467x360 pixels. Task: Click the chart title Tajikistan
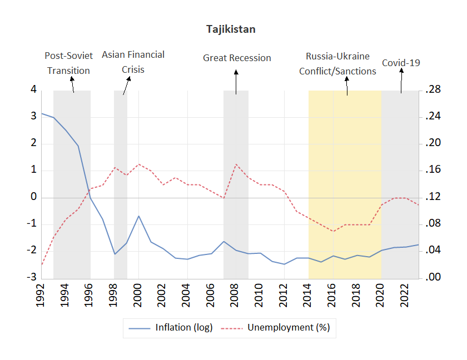tap(231, 29)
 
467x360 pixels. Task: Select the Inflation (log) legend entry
tap(183, 328)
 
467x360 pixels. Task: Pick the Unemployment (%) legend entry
tap(288, 328)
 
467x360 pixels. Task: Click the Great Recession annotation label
tap(237, 58)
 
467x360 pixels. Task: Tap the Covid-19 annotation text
tap(400, 63)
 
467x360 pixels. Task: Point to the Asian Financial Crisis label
tap(133, 62)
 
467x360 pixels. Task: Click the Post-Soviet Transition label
tap(68, 63)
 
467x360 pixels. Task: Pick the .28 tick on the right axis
tap(433, 90)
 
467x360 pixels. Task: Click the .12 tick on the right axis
tap(433, 197)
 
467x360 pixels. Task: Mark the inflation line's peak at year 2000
tap(138, 216)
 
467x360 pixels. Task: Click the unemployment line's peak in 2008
tap(236, 164)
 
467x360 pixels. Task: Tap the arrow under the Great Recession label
tap(236, 82)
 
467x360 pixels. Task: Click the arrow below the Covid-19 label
tap(400, 82)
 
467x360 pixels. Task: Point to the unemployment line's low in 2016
tap(332, 231)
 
